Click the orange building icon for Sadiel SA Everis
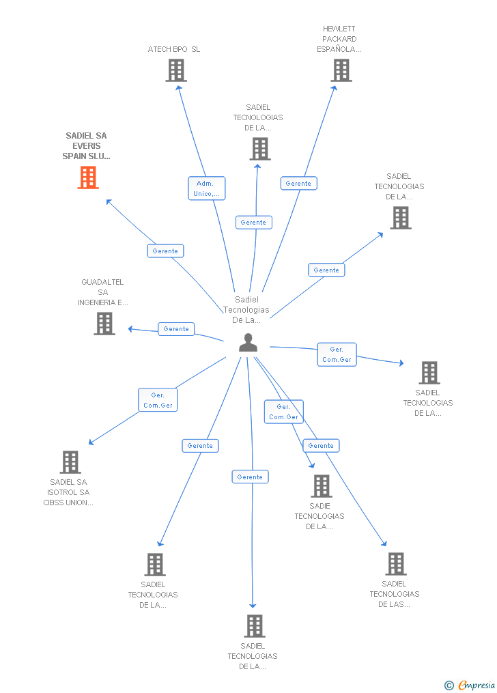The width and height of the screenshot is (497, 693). click(88, 178)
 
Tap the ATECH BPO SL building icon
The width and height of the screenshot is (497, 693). click(176, 70)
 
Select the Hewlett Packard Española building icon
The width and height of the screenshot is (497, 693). click(341, 70)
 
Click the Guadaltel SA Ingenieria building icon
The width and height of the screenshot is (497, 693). click(104, 324)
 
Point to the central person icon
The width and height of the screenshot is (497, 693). click(248, 343)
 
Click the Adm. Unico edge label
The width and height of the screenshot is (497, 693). click(206, 188)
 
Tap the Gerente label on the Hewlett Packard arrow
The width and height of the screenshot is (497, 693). click(298, 183)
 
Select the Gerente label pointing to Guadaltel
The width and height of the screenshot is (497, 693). click(176, 329)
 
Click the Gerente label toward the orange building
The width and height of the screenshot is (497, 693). click(165, 251)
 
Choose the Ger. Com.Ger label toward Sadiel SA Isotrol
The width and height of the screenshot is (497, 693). click(158, 400)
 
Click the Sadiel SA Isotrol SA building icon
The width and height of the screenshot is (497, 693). click(70, 462)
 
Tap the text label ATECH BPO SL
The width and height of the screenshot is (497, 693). click(174, 49)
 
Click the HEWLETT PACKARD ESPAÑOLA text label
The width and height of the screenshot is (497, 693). click(339, 39)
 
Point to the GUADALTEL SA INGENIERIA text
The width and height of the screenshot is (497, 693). click(102, 292)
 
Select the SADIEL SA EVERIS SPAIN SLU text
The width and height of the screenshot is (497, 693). click(86, 146)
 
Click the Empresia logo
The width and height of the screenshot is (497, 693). click(477, 685)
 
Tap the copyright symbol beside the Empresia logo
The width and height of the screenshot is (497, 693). click(449, 685)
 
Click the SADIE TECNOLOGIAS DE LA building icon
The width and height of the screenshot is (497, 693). click(321, 486)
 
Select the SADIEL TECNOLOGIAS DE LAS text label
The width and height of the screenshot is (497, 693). click(395, 594)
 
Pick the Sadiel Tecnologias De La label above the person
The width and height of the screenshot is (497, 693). click(246, 309)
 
